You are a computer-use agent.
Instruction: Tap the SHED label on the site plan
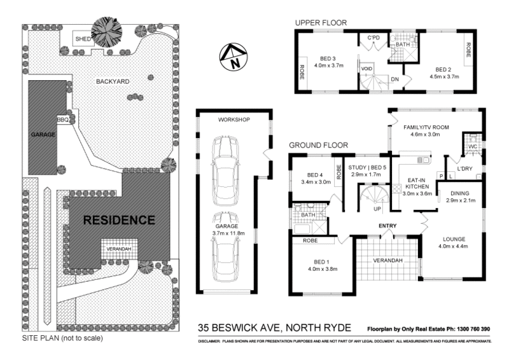(x=83, y=38)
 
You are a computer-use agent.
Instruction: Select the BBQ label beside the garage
(x=62, y=119)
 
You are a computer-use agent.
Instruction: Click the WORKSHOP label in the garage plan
(x=233, y=120)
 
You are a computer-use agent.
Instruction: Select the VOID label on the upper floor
(x=366, y=68)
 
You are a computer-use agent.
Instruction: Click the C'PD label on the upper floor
(x=373, y=39)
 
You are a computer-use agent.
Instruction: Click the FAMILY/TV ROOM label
(x=426, y=127)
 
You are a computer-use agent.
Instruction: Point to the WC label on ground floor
(x=472, y=147)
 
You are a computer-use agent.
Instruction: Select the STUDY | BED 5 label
(x=365, y=167)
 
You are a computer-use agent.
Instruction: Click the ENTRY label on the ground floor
(x=387, y=226)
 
